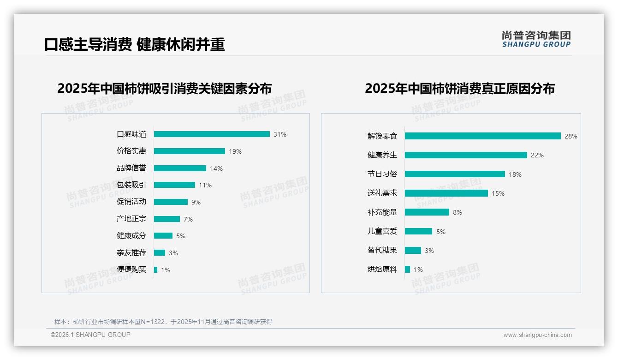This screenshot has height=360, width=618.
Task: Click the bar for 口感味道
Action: [x=212, y=134]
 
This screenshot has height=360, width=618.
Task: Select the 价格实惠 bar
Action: [x=190, y=151]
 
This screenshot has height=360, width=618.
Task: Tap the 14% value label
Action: [x=216, y=168]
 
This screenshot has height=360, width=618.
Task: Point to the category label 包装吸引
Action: [x=131, y=185]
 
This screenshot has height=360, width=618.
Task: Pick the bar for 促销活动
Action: [x=171, y=202]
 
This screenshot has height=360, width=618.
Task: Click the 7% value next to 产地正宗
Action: [x=188, y=219]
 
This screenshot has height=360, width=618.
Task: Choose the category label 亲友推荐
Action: [x=131, y=253]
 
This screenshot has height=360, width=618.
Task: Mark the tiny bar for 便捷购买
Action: [x=156, y=270]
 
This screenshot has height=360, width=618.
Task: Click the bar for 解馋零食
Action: [x=483, y=136]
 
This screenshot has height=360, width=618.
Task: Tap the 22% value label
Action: [x=537, y=156]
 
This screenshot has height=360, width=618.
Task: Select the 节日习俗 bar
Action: [x=455, y=174]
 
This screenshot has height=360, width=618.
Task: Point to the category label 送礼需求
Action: [x=382, y=193]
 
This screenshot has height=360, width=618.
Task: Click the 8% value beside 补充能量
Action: [x=458, y=213]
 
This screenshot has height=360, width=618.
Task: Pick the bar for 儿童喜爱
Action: [x=419, y=231]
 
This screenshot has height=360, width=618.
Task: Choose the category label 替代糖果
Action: [x=382, y=250]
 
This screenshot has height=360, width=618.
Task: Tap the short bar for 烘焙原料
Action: [x=408, y=269]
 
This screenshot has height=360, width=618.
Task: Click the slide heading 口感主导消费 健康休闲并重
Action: [x=135, y=45]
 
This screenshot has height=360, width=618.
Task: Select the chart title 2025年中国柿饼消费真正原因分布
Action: [x=460, y=88]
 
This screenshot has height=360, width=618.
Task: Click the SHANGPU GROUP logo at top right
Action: [x=536, y=39]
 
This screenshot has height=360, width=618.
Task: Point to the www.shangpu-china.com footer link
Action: [x=537, y=335]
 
